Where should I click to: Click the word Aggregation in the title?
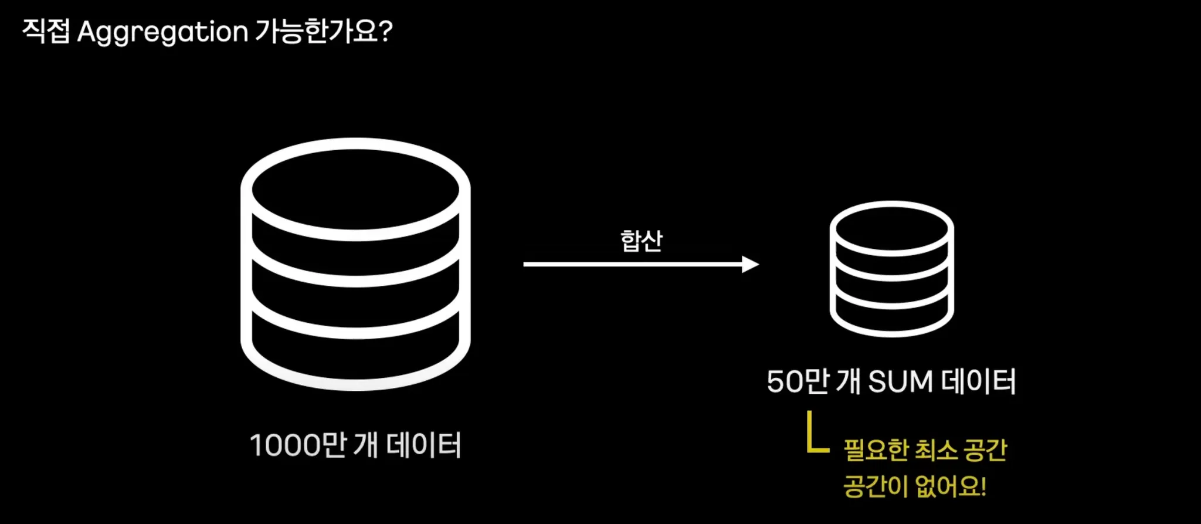click(x=162, y=32)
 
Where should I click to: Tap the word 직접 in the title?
click(x=46, y=31)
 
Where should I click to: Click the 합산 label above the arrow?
click(x=641, y=241)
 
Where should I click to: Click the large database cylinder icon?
click(x=355, y=264)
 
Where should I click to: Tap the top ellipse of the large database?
click(x=355, y=189)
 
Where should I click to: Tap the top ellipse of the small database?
click(x=891, y=228)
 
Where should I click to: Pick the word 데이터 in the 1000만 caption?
click(x=423, y=445)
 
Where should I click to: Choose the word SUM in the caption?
click(x=900, y=382)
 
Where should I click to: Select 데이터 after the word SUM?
click(x=978, y=381)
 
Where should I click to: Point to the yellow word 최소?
click(x=936, y=451)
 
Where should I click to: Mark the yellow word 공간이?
click(x=876, y=486)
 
